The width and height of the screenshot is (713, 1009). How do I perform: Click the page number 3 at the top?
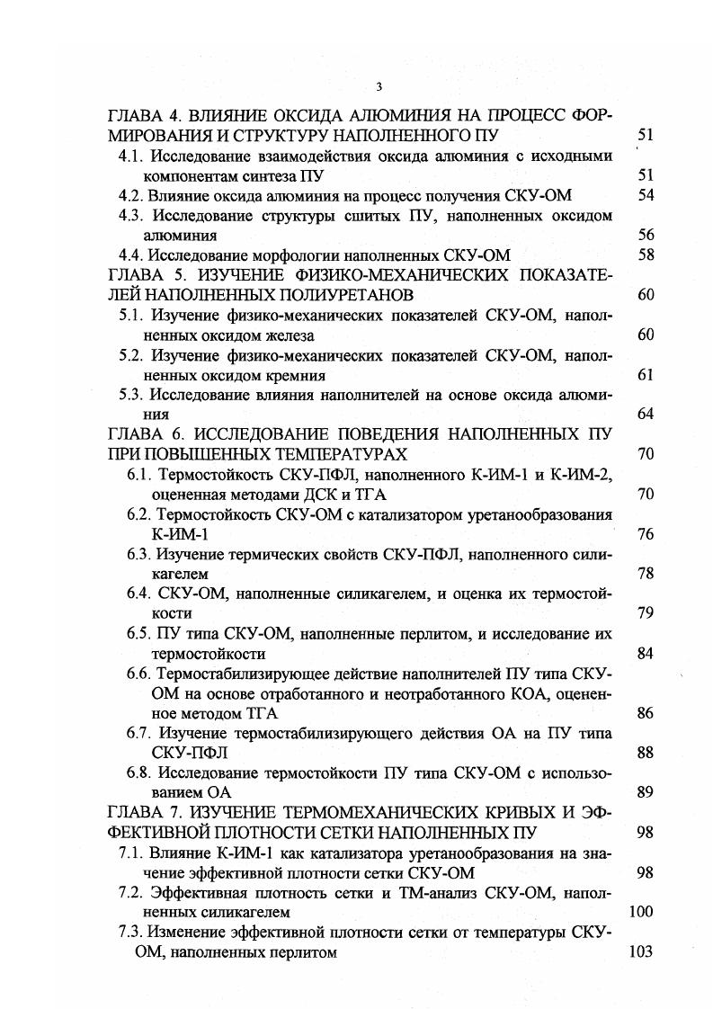[x=379, y=86]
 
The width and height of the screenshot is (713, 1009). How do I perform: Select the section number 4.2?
[x=131, y=195]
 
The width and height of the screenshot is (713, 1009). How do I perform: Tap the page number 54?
[x=645, y=195]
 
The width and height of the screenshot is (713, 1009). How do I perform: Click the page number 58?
[x=645, y=254]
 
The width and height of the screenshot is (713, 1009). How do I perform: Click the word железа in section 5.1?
[x=290, y=335]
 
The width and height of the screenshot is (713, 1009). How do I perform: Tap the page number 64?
[x=645, y=415]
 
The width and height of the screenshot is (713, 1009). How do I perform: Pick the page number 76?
[x=645, y=534]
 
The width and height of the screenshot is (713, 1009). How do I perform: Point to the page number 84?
[x=645, y=653]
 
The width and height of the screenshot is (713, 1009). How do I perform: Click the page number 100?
[x=641, y=912]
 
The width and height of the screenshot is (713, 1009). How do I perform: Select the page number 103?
[x=641, y=952]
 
